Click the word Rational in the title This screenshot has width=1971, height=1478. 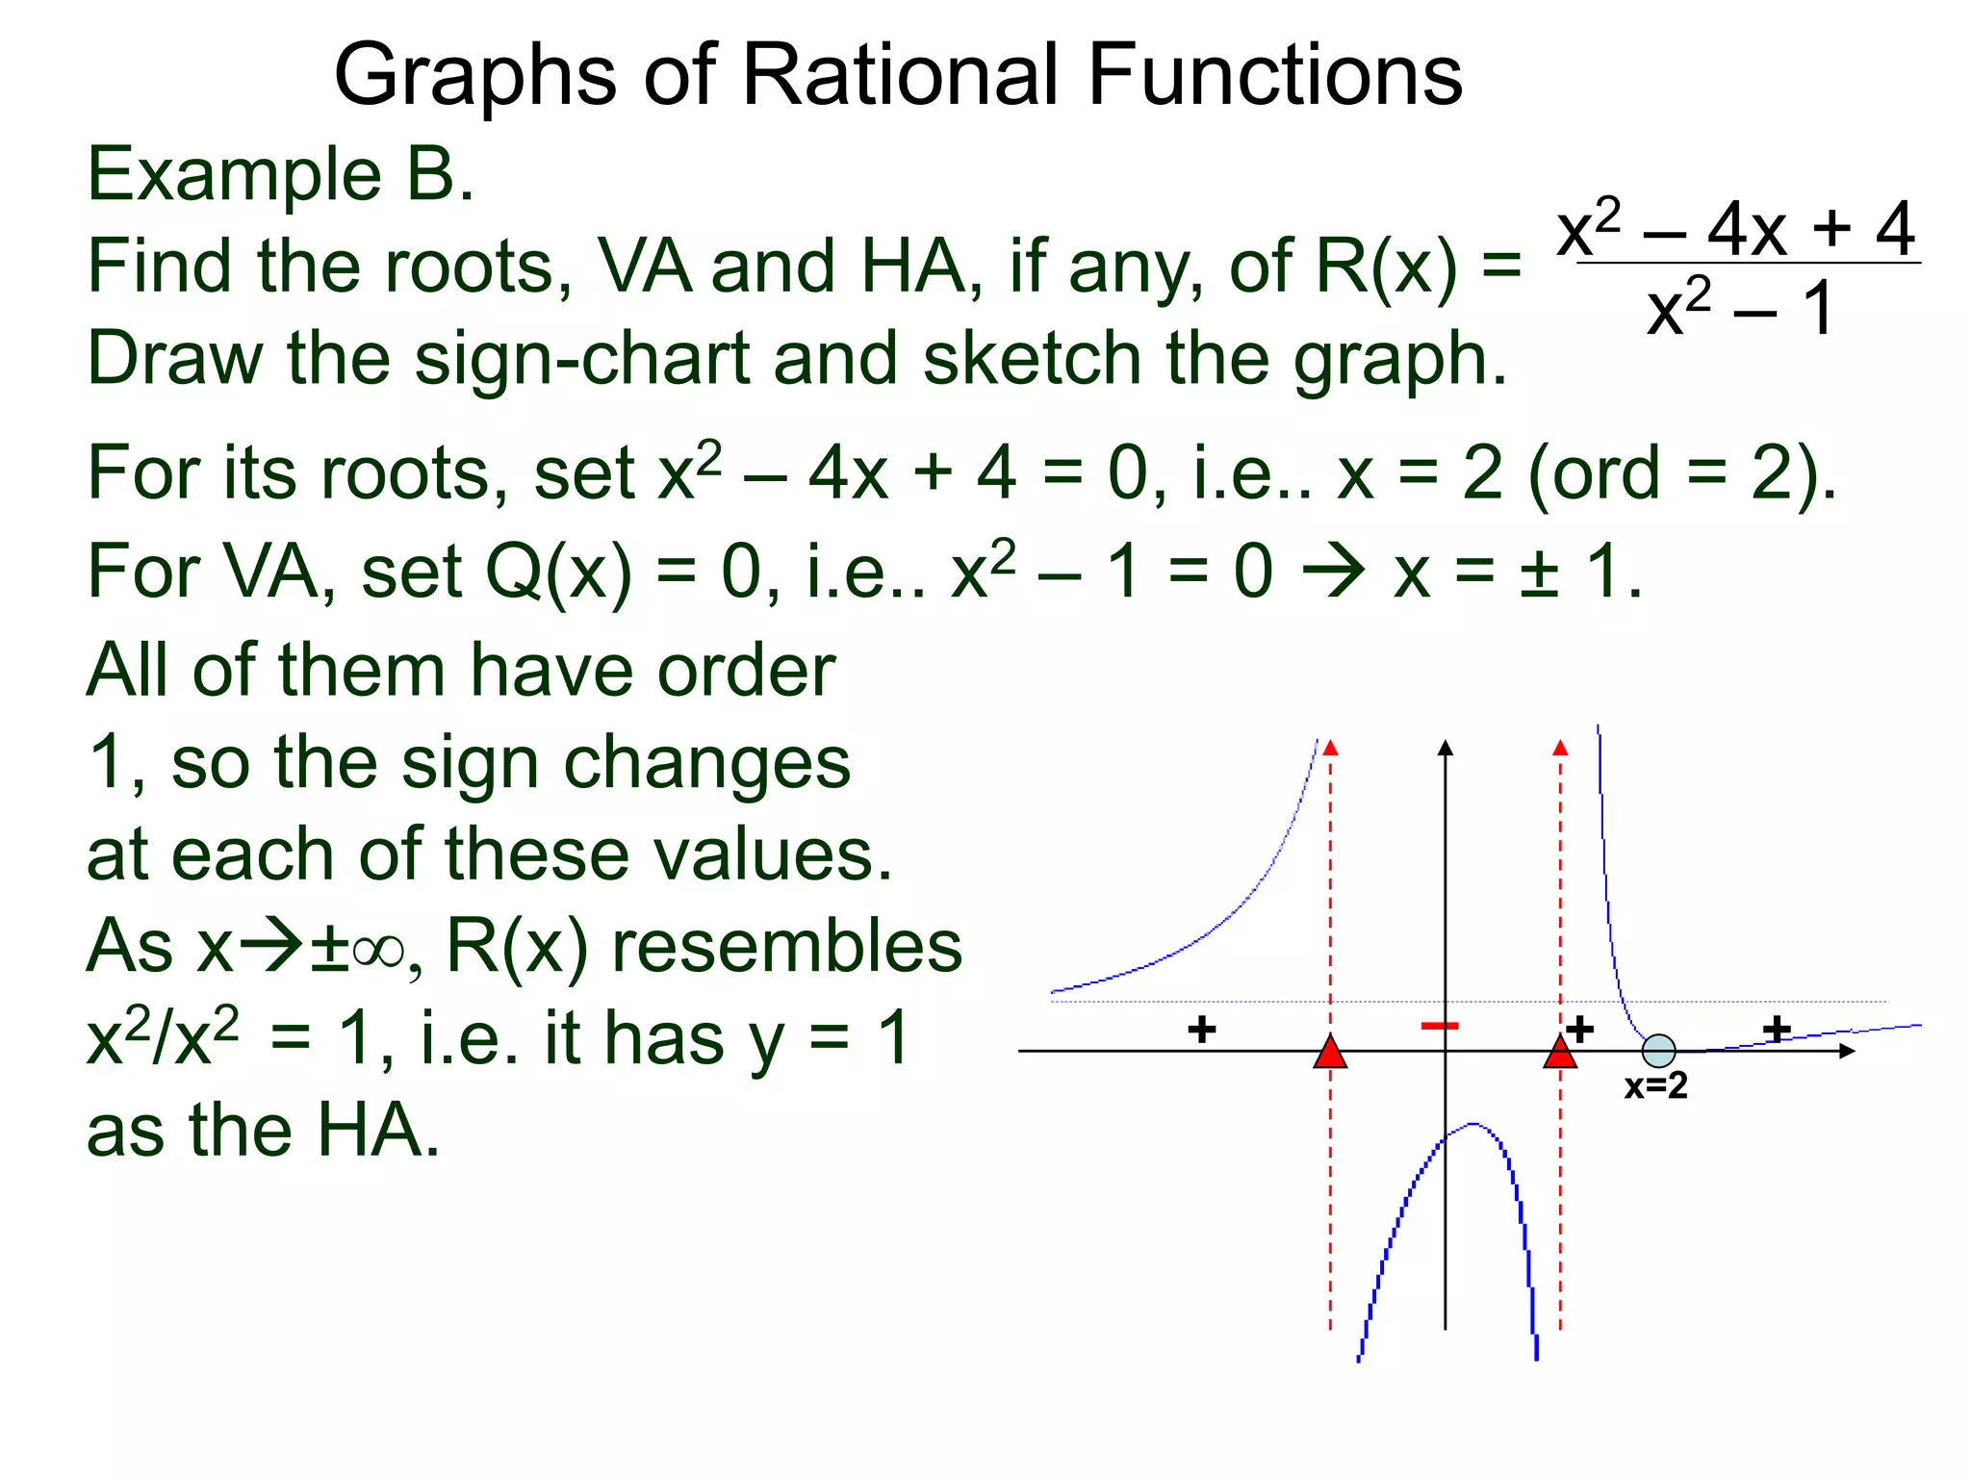point(902,76)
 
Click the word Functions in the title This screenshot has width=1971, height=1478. point(1274,76)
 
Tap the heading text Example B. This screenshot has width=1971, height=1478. point(280,176)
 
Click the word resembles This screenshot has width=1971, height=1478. point(786,947)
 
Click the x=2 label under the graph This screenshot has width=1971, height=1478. point(1655,1086)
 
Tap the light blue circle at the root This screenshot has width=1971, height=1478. point(1658,1051)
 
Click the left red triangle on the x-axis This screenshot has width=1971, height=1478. point(1330,1054)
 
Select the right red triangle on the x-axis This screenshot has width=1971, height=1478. point(1560,1054)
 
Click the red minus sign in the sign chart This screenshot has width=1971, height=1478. point(1440,1027)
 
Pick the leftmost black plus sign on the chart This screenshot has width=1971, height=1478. point(1201,1030)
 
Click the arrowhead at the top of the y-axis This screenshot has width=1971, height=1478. point(1445,748)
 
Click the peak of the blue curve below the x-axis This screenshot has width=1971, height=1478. point(1472,1124)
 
